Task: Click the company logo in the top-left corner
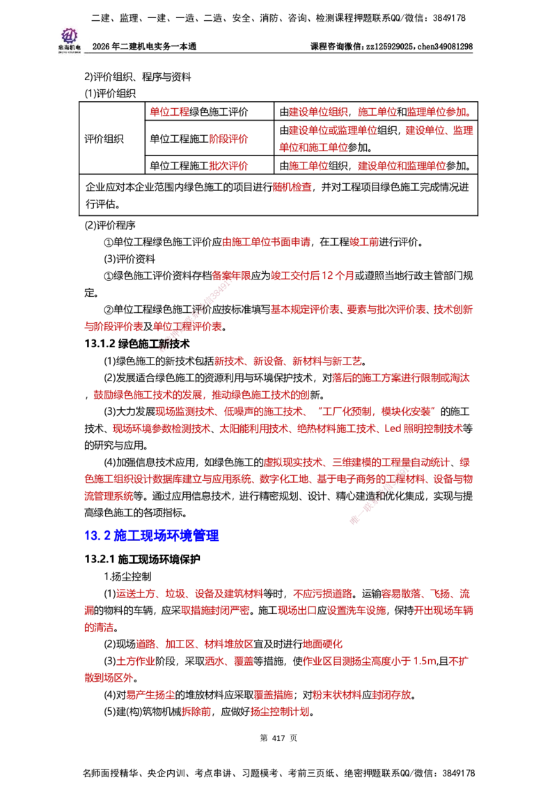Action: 70,39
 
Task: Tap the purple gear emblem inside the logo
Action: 69,34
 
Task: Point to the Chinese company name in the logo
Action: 69,48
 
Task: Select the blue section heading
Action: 152,535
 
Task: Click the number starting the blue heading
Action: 93,535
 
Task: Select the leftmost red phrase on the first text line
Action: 170,112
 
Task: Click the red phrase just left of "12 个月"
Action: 231,276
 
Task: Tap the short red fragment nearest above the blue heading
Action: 108,496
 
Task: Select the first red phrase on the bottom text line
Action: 196,712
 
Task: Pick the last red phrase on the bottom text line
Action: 280,712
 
